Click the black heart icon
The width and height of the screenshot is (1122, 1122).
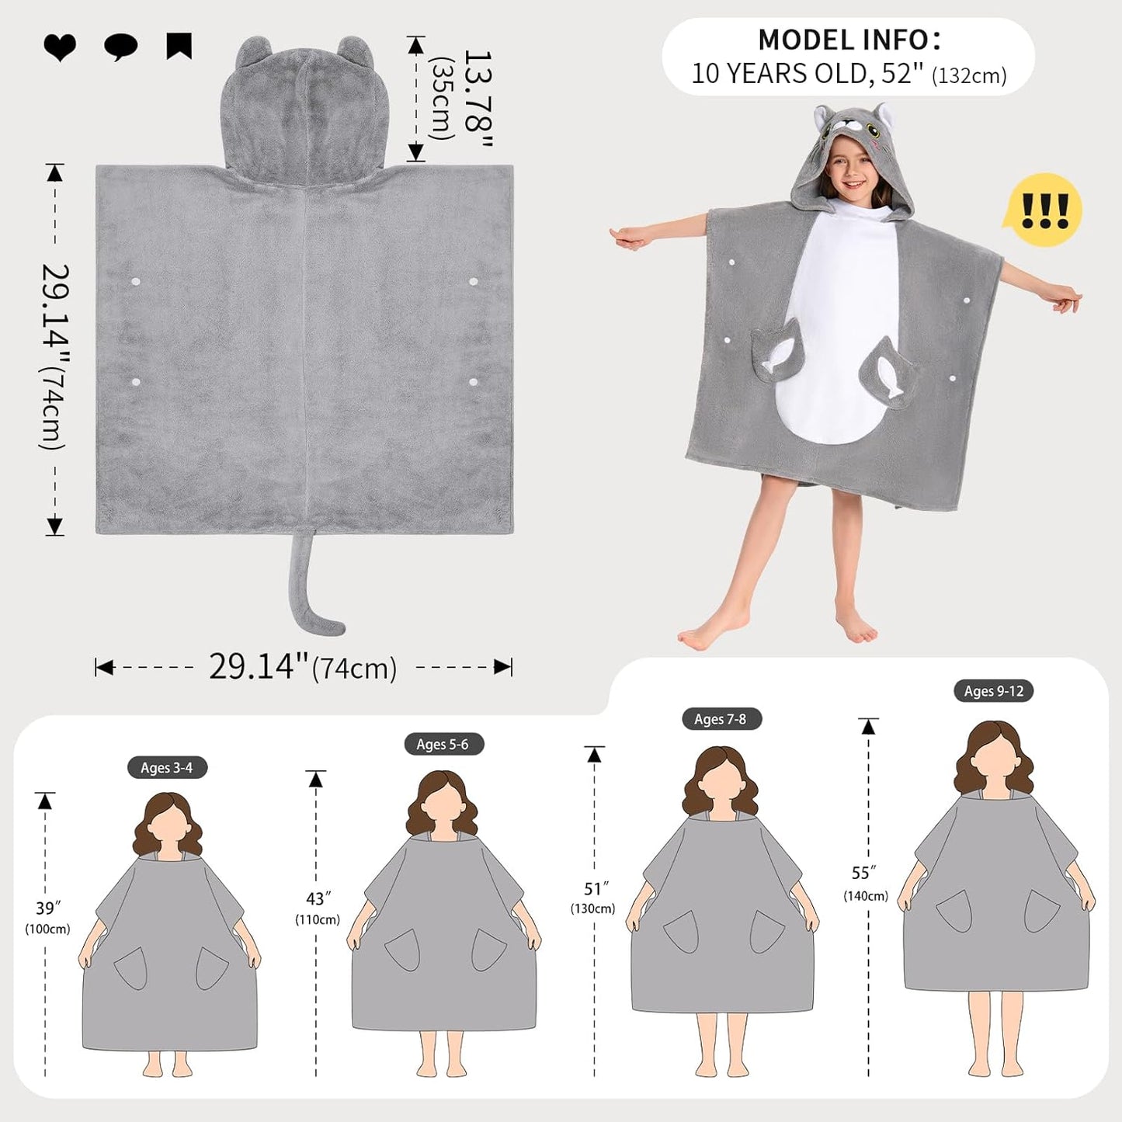click(x=59, y=47)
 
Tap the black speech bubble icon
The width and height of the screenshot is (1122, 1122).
click(x=120, y=47)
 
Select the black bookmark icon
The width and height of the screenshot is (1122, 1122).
click(x=179, y=46)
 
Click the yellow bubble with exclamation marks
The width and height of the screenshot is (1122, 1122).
click(x=1043, y=210)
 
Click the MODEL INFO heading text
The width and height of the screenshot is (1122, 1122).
click(x=849, y=39)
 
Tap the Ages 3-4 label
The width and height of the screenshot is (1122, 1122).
click(x=167, y=768)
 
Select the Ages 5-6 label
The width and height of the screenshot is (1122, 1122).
click(x=443, y=744)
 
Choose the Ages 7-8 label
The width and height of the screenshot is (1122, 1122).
click(x=721, y=719)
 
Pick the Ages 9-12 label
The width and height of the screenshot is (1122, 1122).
click(x=993, y=690)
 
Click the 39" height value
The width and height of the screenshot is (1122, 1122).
click(x=48, y=908)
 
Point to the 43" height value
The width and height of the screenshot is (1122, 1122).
click(x=318, y=899)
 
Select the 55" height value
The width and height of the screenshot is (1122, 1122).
click(x=865, y=874)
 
